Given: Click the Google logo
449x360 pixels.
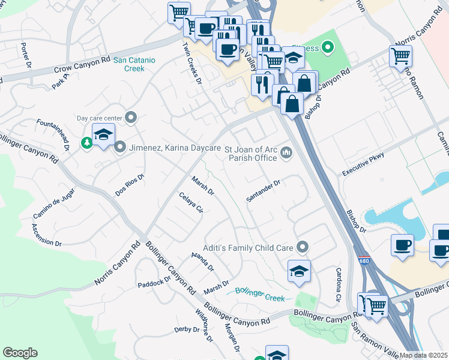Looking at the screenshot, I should click(20, 353).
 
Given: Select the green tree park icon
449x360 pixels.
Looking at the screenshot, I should click(87, 143).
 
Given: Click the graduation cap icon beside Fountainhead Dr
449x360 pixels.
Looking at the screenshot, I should click(104, 135).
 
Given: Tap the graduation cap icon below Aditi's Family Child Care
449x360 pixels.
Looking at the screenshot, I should click(299, 271).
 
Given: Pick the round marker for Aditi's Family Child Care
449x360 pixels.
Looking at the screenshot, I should click(303, 247).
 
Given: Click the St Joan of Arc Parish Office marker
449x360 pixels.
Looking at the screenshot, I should click(286, 154).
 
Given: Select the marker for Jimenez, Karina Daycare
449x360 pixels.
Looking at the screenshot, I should click(120, 146).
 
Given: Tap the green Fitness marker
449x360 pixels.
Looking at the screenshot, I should click(328, 46).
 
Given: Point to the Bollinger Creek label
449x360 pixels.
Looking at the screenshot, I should click(259, 293).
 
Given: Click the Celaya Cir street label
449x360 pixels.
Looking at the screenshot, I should click(191, 203).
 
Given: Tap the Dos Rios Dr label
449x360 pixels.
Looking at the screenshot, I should click(130, 185).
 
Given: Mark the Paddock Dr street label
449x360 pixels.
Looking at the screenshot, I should click(154, 283).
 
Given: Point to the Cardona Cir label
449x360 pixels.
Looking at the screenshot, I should click(339, 277).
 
